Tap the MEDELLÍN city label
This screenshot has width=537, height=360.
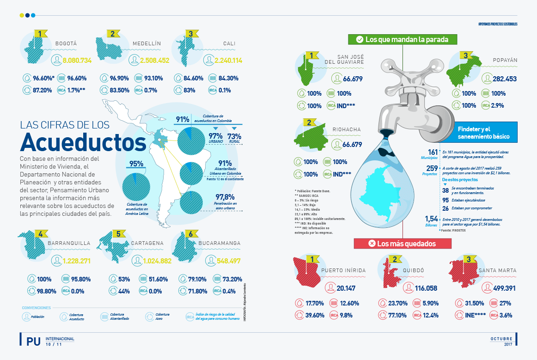coord(146,44)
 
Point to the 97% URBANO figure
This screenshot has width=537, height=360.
coord(215,137)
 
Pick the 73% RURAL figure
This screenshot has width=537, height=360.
coord(234,137)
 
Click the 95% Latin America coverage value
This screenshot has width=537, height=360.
coord(136,163)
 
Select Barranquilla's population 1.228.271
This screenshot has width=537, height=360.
coord(77,261)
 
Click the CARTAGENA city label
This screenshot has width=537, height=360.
coord(147,243)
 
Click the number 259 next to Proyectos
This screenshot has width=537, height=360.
coord(432,168)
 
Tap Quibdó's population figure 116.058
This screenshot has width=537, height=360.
coord(420,288)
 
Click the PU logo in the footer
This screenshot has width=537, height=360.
coord(33,341)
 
